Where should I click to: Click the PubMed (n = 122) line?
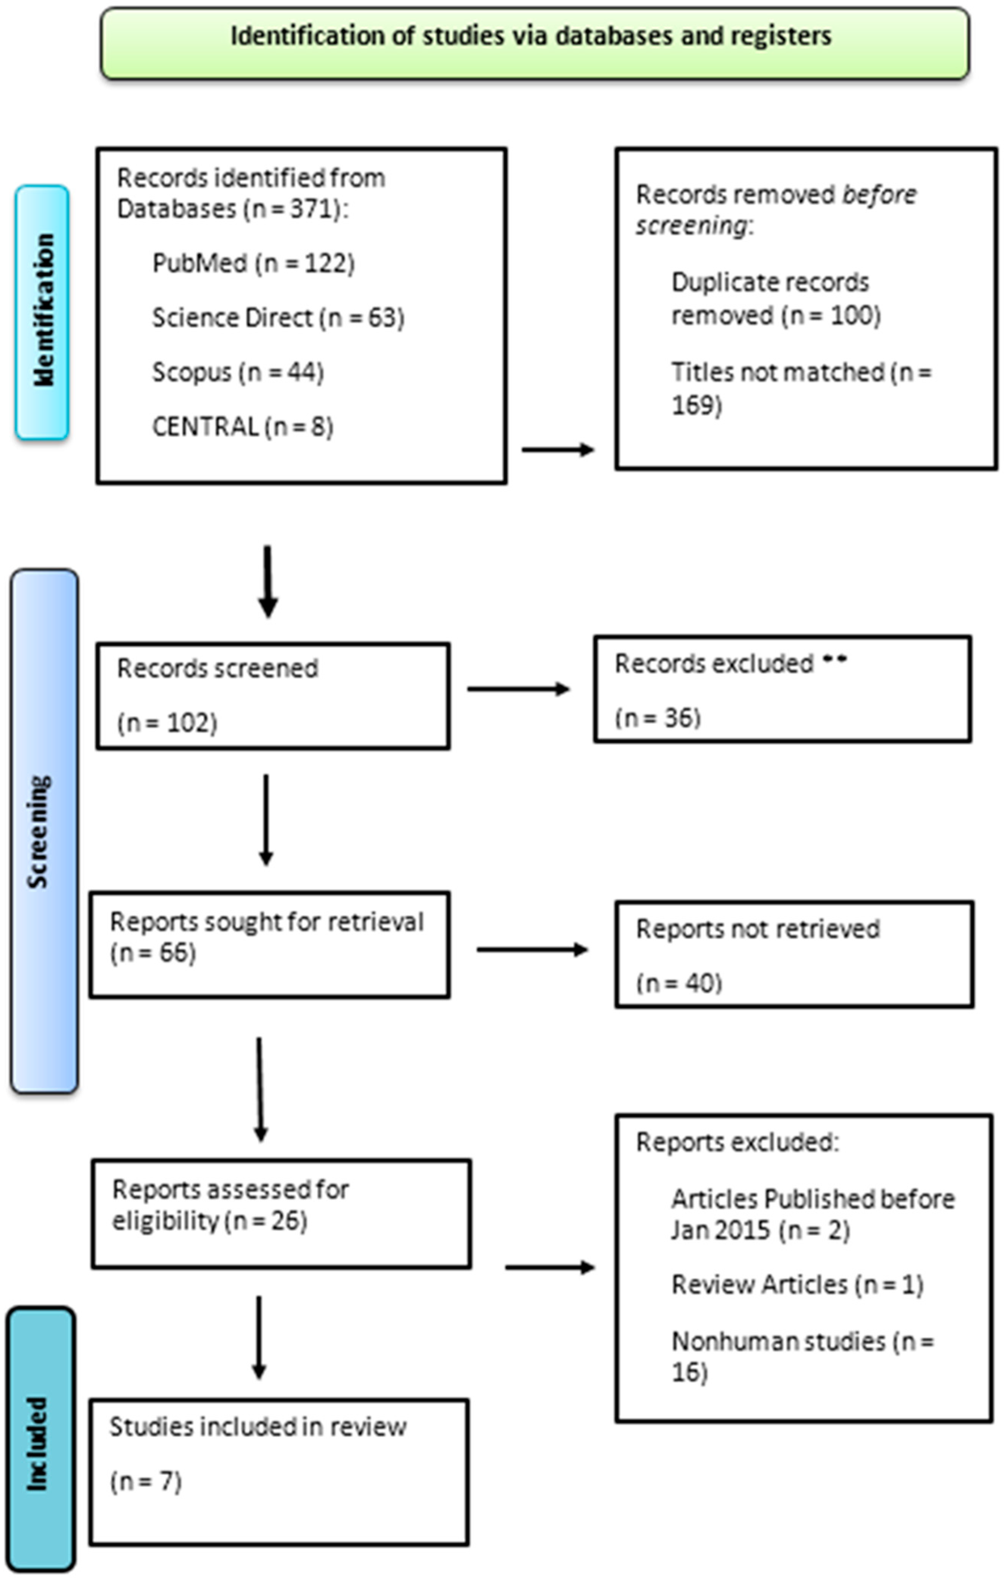(x=253, y=264)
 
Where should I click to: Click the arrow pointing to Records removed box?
(x=558, y=450)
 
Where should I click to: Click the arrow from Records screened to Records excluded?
(x=518, y=689)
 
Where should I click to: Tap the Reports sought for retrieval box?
(x=270, y=944)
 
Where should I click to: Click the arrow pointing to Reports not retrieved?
(x=531, y=949)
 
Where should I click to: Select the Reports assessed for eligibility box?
(x=281, y=1214)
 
